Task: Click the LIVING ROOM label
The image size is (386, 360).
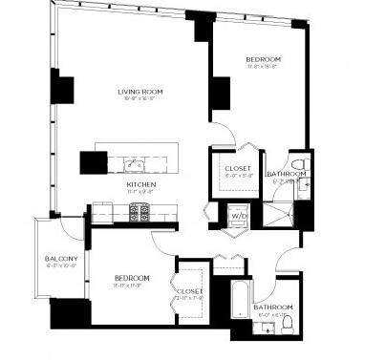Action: click(140, 92)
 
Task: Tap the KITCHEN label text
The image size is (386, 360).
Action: click(141, 184)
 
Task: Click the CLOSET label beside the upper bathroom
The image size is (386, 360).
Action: click(238, 168)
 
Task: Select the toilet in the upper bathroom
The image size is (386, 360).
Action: click(297, 163)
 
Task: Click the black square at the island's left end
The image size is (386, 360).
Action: click(93, 162)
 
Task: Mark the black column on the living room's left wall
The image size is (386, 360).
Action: click(62, 88)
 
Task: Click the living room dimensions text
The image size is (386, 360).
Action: click(140, 99)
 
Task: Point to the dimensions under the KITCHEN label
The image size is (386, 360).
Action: click(141, 192)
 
